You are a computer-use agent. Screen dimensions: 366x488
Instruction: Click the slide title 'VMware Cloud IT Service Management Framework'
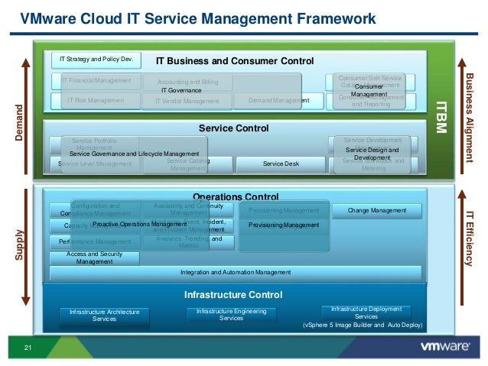coord(197,17)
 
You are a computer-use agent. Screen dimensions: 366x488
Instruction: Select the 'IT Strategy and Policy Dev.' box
coord(97,58)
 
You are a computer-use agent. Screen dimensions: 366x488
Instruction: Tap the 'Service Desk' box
coord(281,164)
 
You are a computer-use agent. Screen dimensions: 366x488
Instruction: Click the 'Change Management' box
coord(377,210)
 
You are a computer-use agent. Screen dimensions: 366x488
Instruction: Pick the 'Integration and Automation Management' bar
coord(235,272)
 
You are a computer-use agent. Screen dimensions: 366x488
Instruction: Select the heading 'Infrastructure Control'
coord(233,294)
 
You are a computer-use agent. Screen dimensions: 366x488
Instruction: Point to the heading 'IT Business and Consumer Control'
coord(235,60)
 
